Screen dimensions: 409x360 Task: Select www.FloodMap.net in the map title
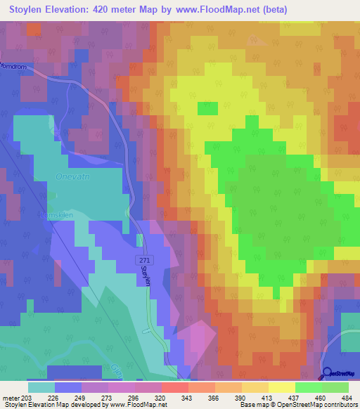[224, 11]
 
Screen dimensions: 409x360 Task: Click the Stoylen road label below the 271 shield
[146, 275]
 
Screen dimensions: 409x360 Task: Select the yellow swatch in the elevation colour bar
[281, 387]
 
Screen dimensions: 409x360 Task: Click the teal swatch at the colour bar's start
[41, 387]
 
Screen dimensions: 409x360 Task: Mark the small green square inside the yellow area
[207, 108]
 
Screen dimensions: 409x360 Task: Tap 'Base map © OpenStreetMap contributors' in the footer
[296, 405]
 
